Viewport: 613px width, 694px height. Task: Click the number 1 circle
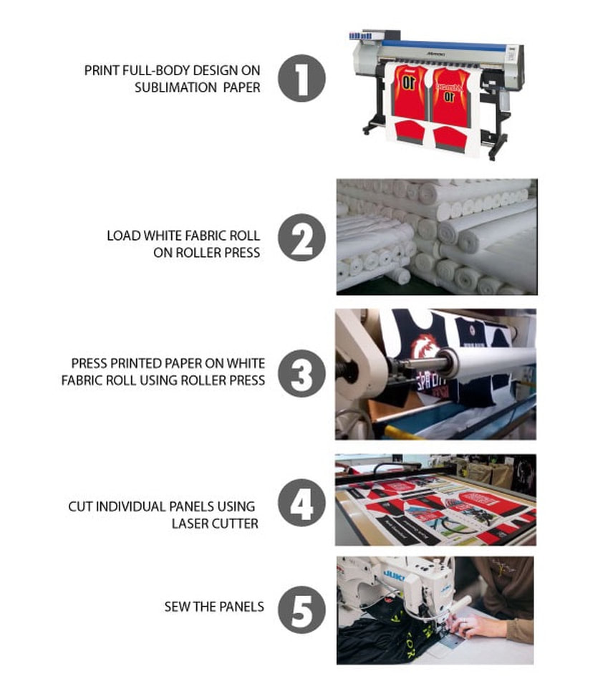pos(301,78)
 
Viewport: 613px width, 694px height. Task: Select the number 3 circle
pos(301,374)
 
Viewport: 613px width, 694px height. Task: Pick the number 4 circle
pos(301,505)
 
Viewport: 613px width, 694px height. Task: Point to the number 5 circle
pos(301,609)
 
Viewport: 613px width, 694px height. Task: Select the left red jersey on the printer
pos(410,93)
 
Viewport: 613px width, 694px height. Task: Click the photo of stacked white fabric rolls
pos(436,236)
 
